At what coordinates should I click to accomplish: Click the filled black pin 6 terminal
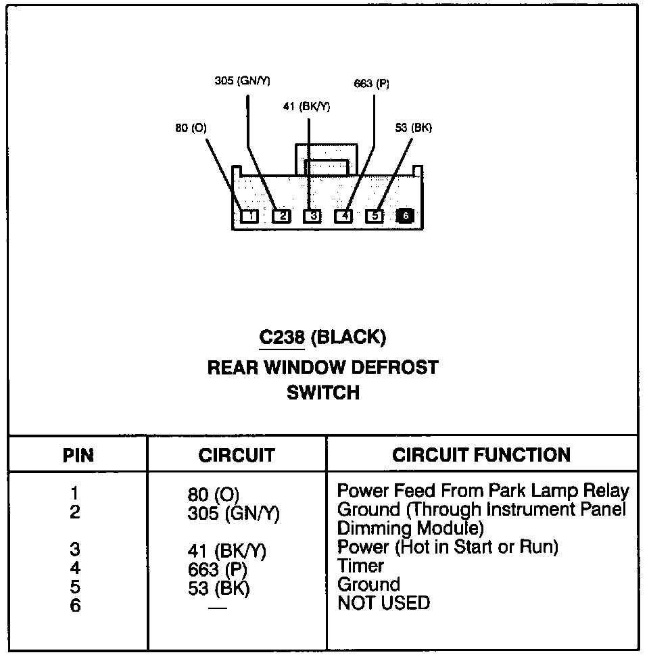405,216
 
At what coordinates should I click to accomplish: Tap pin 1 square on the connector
250,216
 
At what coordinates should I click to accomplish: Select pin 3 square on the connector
312,216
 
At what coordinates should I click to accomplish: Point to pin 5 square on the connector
375,216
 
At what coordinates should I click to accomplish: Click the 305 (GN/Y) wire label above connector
242,80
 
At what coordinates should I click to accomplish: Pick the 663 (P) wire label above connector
372,84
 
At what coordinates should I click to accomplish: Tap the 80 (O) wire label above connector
191,128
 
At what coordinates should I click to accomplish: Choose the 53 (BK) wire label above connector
413,128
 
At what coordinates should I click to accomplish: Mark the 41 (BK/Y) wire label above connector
306,106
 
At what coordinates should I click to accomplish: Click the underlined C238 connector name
282,337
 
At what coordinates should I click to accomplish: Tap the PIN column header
78,455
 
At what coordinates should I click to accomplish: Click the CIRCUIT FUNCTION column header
481,455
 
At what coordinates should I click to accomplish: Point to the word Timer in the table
360,566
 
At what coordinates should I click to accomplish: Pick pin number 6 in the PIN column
75,605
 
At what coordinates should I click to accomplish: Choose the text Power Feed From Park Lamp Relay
483,491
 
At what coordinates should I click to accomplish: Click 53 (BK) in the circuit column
218,589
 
